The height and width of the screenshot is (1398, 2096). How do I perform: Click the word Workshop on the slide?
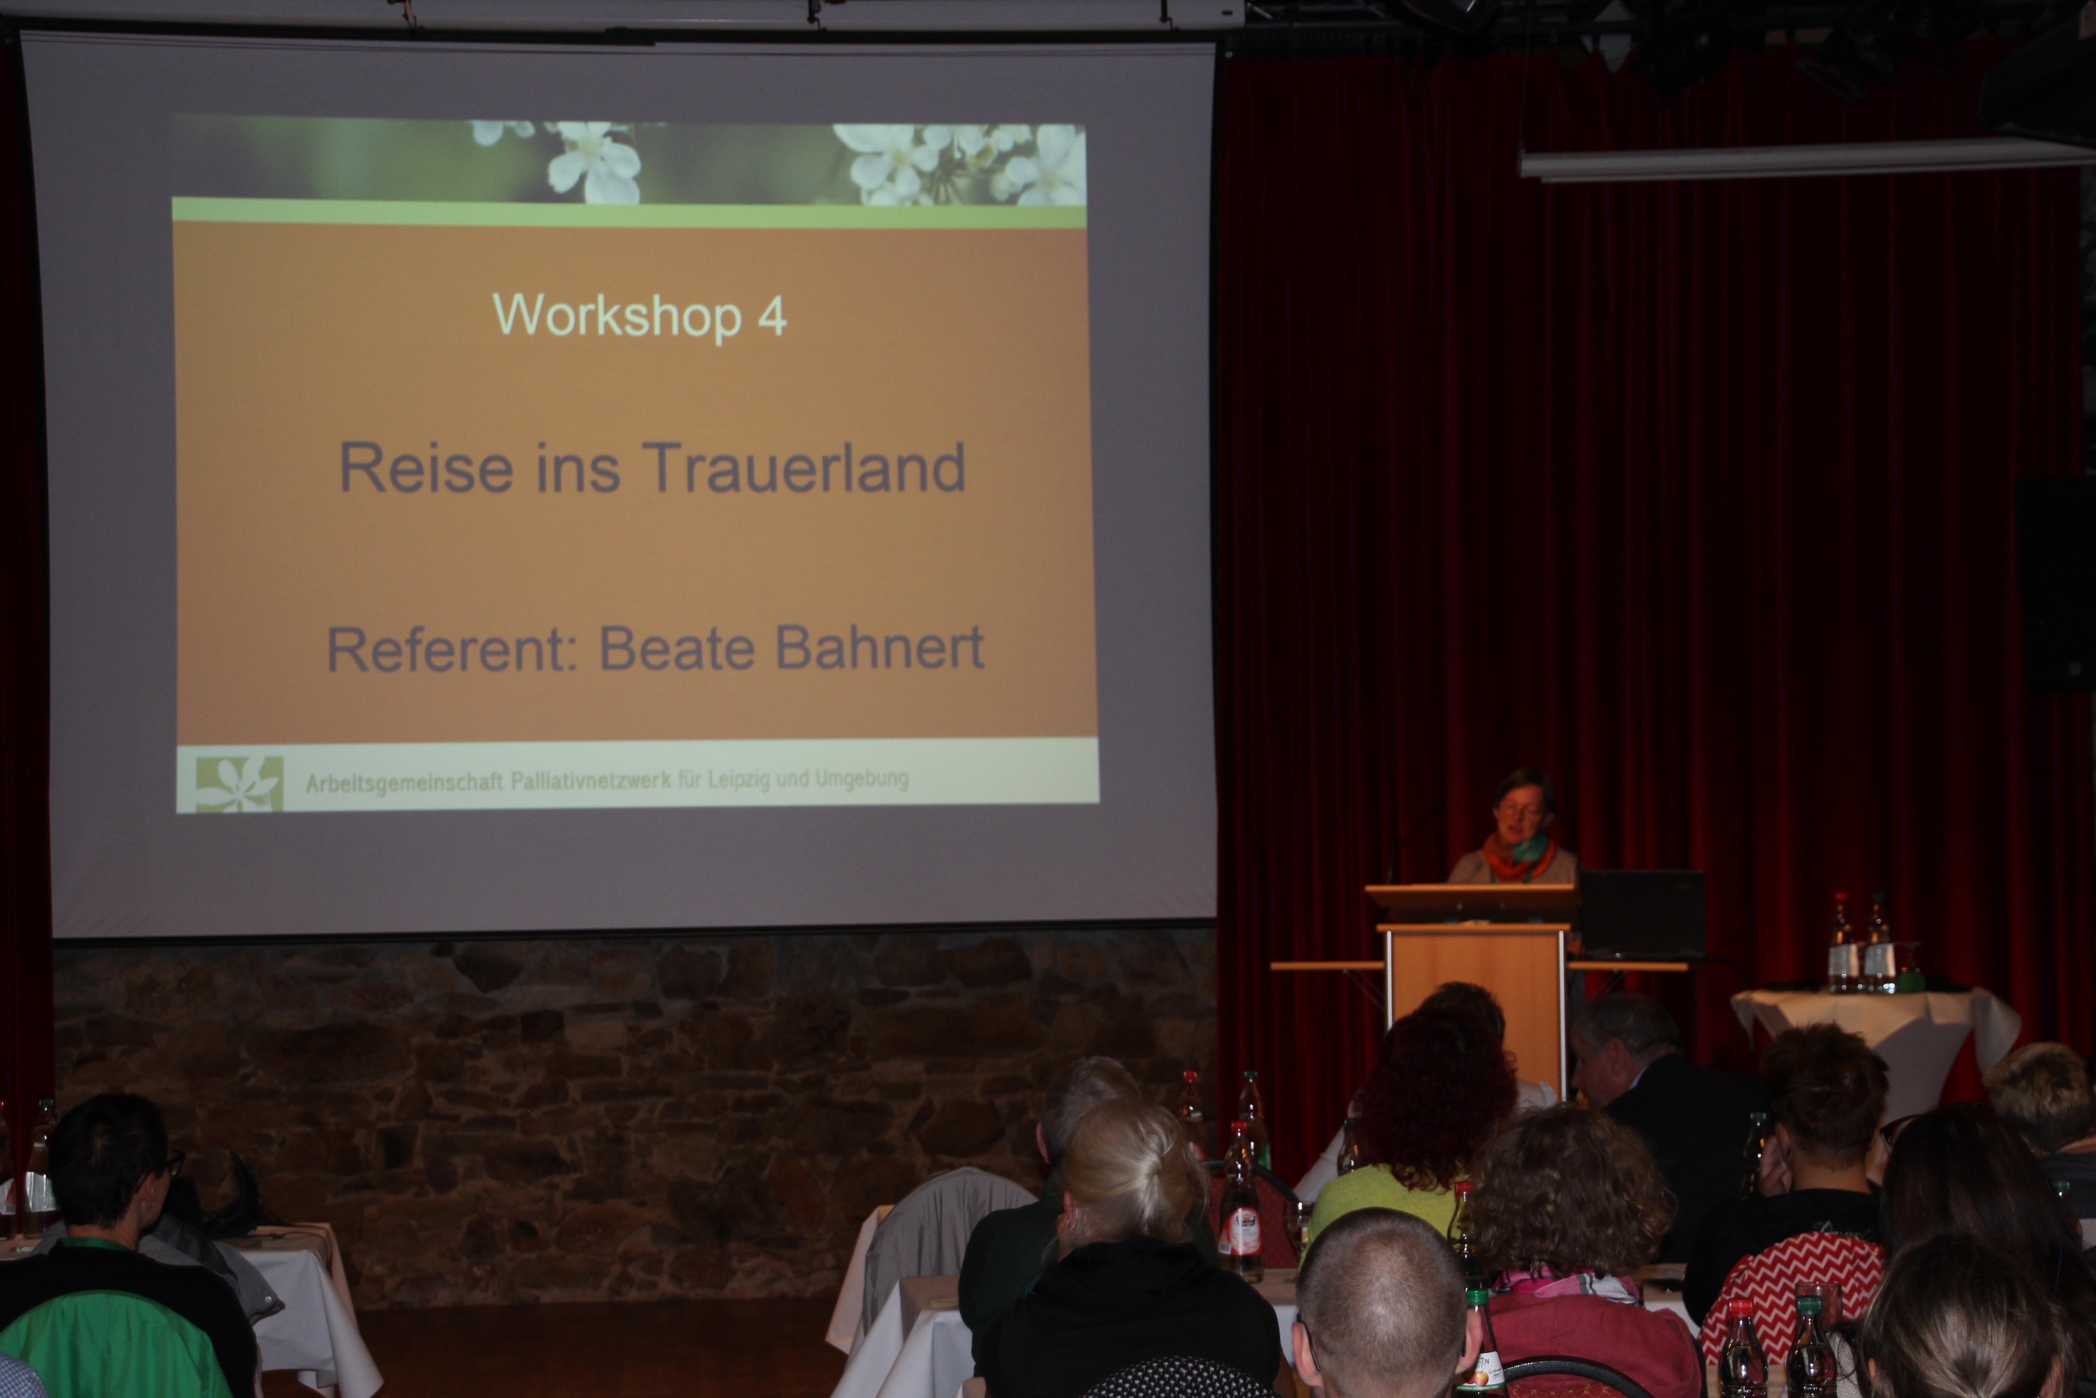click(617, 316)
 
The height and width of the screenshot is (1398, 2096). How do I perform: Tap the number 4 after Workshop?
click(772, 316)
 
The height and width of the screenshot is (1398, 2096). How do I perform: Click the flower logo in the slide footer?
click(239, 784)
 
